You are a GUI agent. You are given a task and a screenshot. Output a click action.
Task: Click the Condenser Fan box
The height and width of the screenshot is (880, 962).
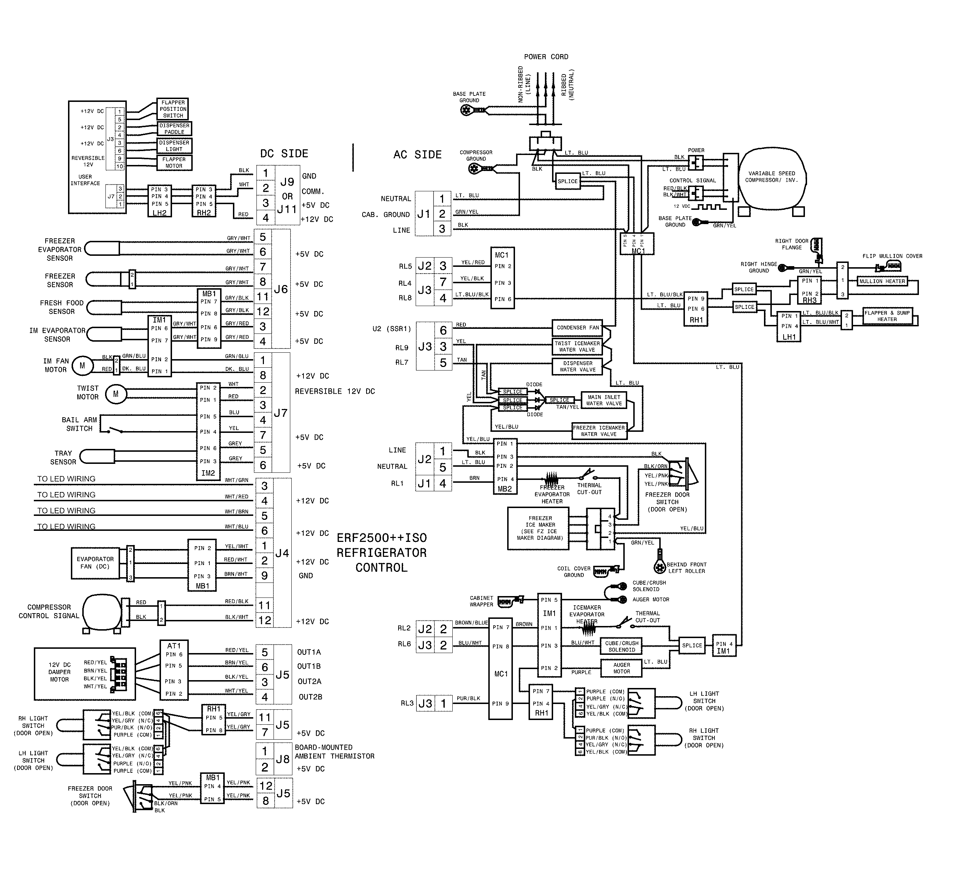(577, 328)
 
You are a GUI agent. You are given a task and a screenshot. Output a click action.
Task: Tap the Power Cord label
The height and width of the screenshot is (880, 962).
(546, 57)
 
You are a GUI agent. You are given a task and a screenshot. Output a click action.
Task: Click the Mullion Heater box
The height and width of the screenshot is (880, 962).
(882, 281)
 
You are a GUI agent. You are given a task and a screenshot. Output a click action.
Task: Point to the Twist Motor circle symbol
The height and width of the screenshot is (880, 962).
(115, 394)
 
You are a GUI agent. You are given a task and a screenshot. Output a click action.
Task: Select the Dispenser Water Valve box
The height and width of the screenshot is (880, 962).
(577, 367)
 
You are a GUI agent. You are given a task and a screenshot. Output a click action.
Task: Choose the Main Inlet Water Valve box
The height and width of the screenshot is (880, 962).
(604, 400)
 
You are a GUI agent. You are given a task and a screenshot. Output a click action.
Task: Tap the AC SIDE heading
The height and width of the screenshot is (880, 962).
(417, 155)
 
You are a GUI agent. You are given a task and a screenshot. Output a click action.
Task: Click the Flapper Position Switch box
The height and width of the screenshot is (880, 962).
(173, 109)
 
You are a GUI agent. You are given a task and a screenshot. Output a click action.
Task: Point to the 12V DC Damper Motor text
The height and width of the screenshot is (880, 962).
(59, 672)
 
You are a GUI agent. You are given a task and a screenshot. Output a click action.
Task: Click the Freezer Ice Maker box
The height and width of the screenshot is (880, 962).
(540, 528)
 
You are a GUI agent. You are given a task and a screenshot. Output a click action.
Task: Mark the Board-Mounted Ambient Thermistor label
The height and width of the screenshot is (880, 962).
(334, 752)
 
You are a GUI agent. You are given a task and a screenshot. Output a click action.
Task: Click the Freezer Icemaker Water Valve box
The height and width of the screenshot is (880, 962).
(599, 431)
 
